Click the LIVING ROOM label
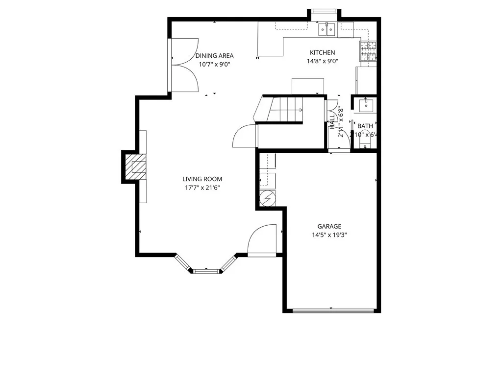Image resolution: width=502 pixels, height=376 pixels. (202, 179)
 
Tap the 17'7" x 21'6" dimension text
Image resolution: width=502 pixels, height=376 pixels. (202, 188)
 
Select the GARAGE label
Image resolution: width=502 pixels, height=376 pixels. (329, 226)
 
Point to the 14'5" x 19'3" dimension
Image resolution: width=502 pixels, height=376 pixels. (329, 235)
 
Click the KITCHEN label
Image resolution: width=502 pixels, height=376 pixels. (322, 53)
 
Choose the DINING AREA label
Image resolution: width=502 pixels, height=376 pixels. (214, 56)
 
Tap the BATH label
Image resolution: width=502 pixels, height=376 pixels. (365, 126)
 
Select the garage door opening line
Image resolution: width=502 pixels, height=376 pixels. (333, 310)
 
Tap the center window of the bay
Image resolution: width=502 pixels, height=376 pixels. (206, 270)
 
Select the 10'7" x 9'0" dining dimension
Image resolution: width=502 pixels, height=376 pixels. (214, 64)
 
